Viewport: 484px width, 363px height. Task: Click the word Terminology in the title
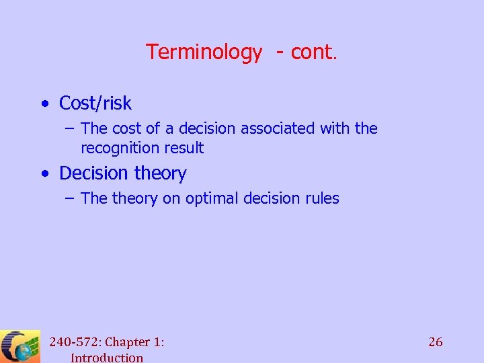[x=204, y=52]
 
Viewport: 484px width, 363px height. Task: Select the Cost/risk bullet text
[x=95, y=104]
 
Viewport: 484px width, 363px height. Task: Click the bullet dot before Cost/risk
[x=44, y=104]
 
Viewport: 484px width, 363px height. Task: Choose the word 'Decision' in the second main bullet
[x=93, y=173]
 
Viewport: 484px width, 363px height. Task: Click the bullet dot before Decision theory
[x=44, y=174]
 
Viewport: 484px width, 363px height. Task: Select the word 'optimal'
[x=213, y=198]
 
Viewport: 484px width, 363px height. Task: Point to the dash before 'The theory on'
[x=69, y=198]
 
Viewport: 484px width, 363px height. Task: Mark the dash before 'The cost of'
[x=69, y=128]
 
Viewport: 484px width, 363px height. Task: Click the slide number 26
[x=436, y=342]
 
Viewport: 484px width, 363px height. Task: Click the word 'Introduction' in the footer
[x=106, y=358]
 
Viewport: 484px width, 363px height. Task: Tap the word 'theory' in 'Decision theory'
[x=159, y=173]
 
